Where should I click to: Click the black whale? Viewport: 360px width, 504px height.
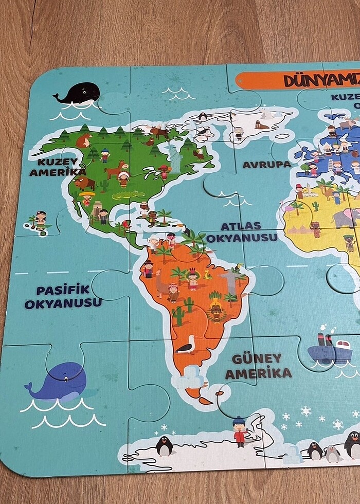click(78, 94)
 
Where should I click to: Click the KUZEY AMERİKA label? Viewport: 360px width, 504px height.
click(57, 167)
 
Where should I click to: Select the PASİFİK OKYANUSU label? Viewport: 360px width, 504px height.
click(63, 296)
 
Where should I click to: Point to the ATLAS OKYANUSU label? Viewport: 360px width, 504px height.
click(249, 231)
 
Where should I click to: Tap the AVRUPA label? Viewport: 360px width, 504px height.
click(266, 165)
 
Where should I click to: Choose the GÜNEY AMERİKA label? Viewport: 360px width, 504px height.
click(258, 366)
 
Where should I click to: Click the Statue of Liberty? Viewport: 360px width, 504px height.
click(175, 157)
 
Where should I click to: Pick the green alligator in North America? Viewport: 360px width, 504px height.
click(128, 195)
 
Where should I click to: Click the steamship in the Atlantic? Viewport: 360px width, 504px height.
click(329, 350)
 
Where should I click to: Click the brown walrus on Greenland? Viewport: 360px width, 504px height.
click(262, 125)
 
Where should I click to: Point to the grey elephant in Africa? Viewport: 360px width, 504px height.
click(345, 217)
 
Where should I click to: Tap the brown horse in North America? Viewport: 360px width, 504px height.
click(116, 168)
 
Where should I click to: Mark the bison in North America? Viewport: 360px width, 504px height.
click(84, 183)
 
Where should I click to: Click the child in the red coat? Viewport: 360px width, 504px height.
click(239, 430)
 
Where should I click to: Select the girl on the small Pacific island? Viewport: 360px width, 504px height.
click(41, 220)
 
